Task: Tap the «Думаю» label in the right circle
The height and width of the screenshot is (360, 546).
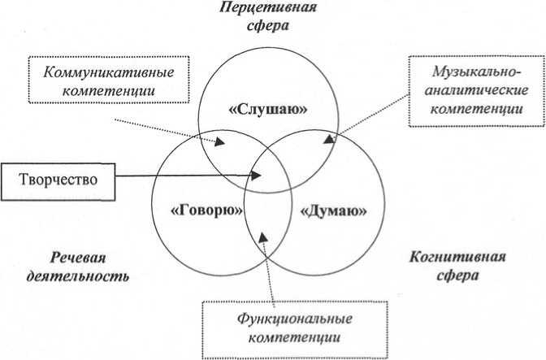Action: pos(333,210)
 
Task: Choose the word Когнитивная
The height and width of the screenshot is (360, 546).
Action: pos(455,258)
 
